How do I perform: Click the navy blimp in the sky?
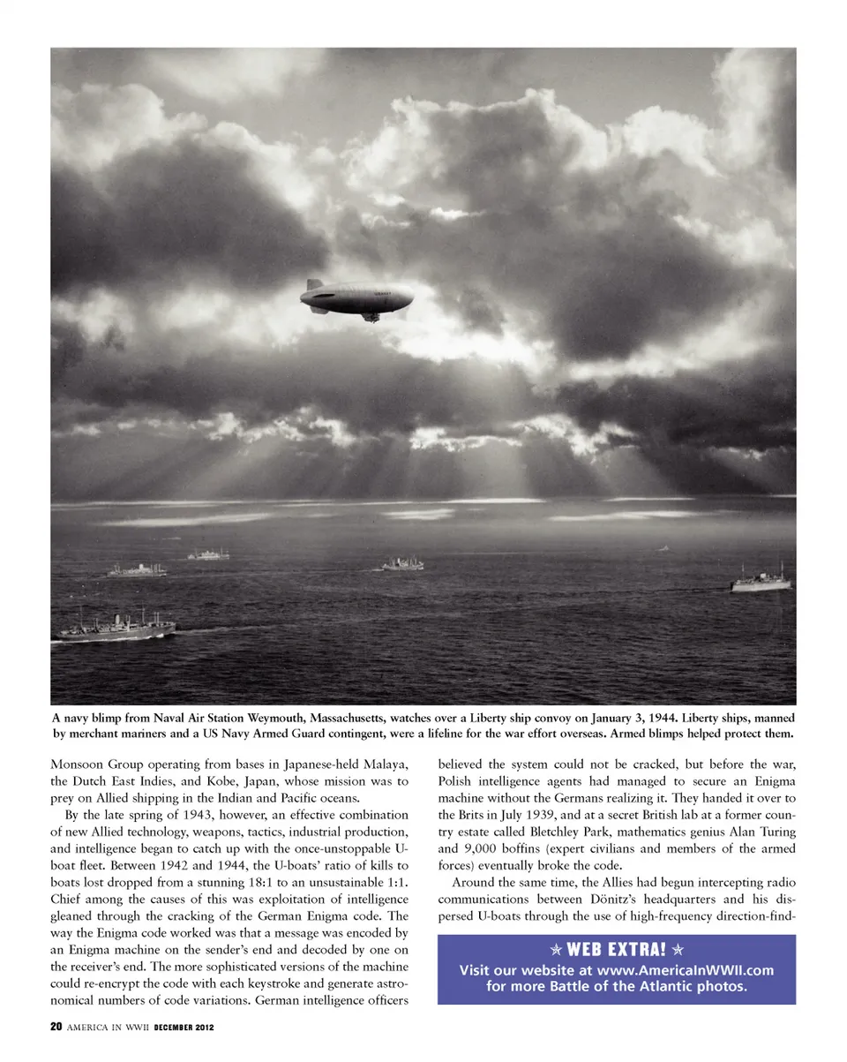point(357,297)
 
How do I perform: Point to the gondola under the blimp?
point(371,316)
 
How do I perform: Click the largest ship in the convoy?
point(115,626)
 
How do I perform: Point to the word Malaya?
point(386,764)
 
